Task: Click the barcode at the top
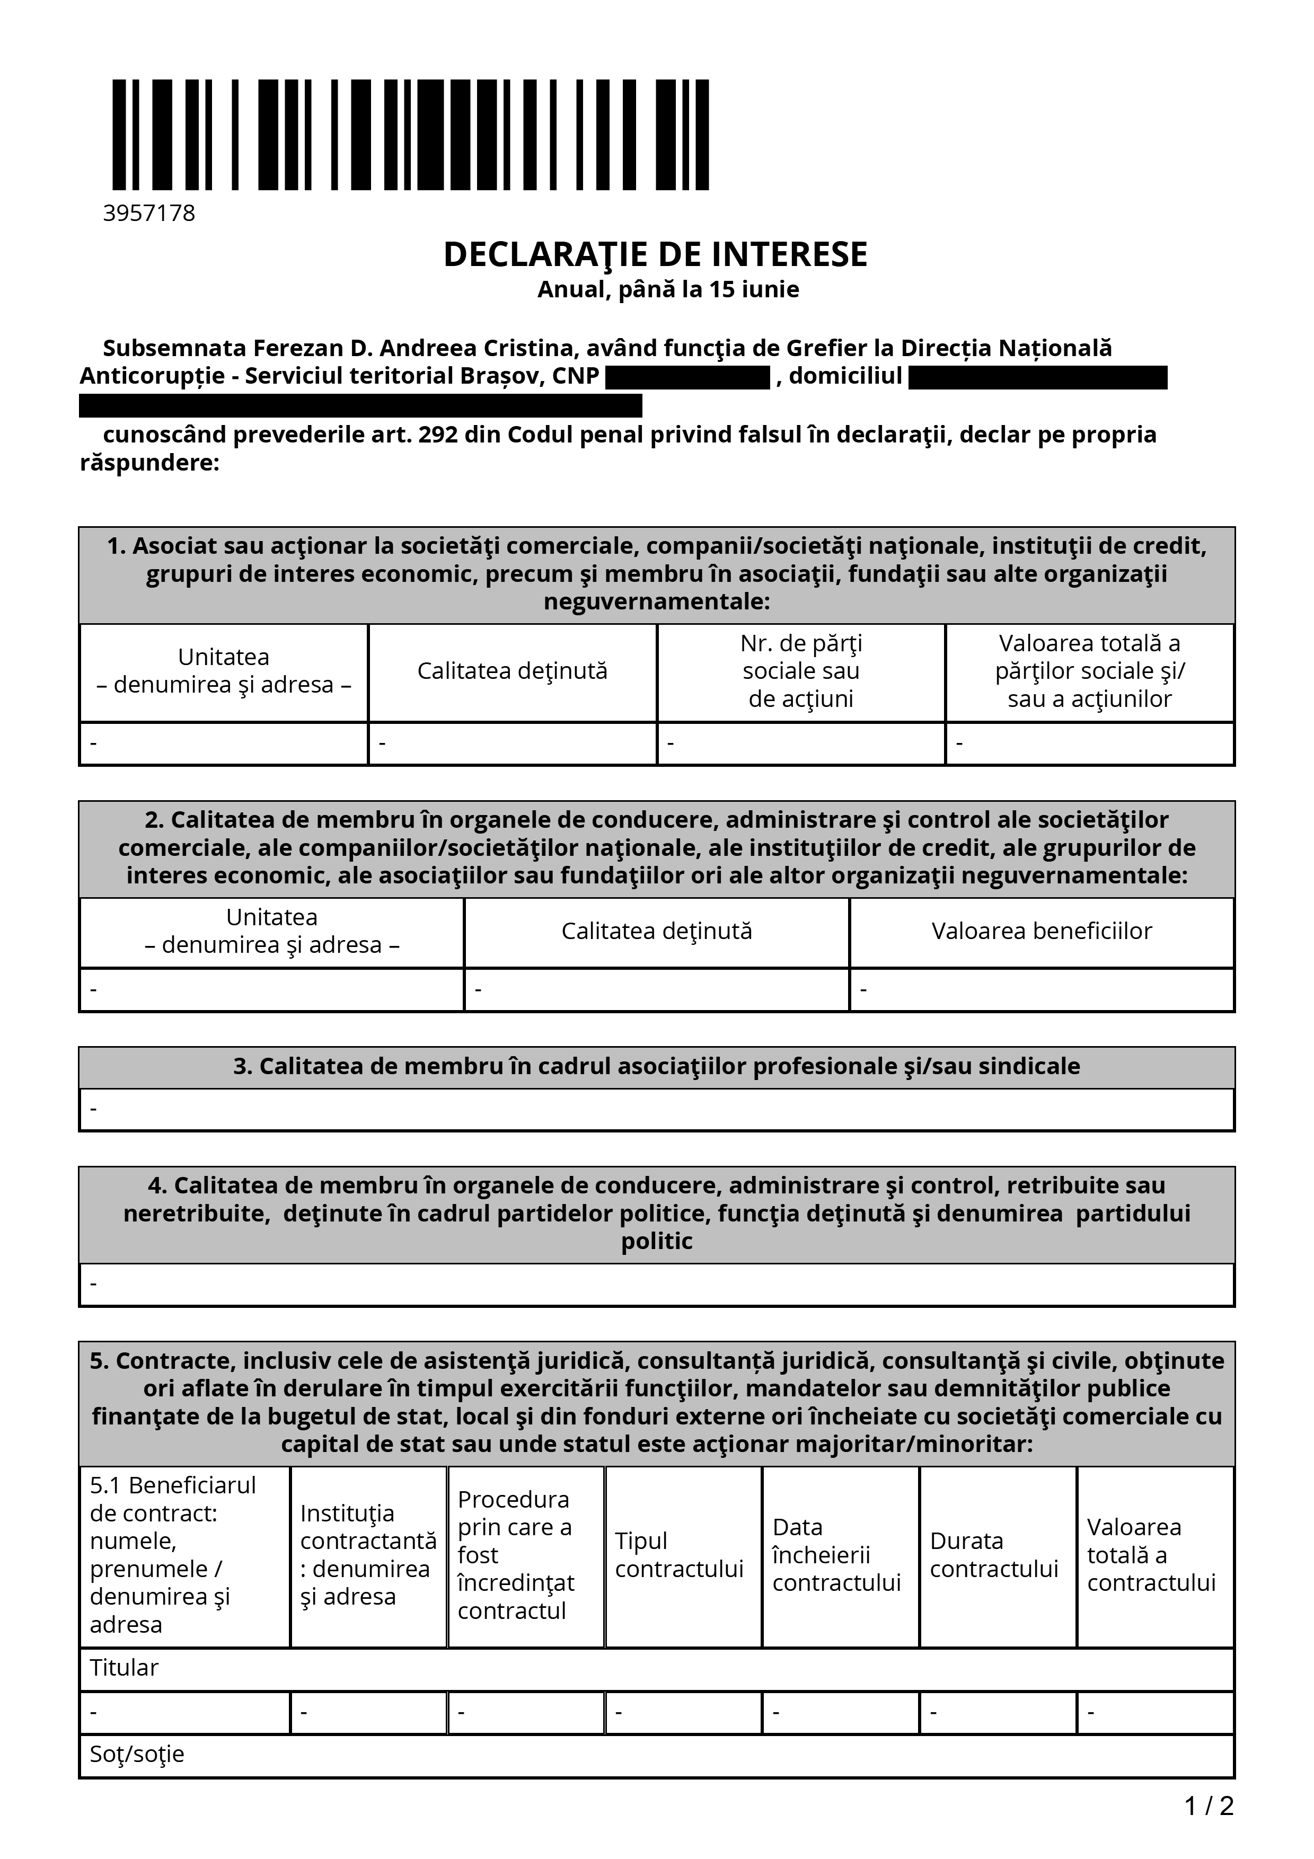coord(410,135)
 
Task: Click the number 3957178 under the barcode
coord(149,214)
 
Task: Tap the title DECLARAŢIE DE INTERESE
coord(655,254)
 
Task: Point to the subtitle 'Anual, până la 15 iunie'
coord(668,290)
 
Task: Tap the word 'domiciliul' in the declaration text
coord(845,376)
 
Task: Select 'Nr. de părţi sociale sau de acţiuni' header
coord(801,671)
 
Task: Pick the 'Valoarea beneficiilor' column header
coord(1041,931)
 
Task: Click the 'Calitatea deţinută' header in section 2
coord(657,931)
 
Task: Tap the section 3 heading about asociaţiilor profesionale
coord(657,1066)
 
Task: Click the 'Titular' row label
coord(124,1668)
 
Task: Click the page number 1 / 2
coord(1209,1807)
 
